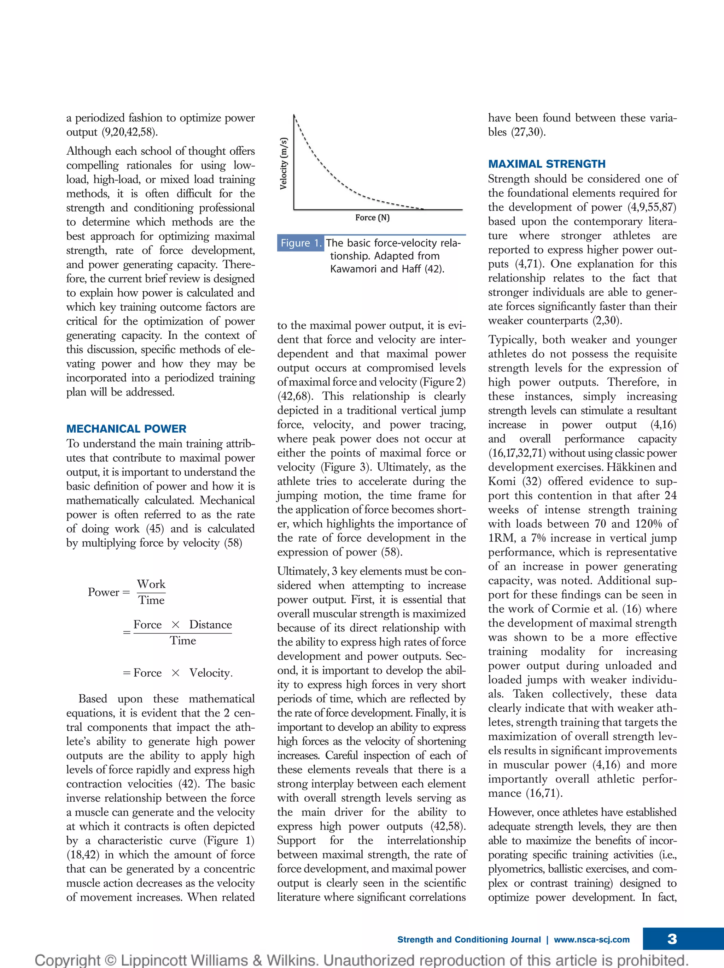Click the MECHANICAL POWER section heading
point(126,428)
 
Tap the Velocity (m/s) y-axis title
point(284,164)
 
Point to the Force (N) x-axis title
point(372,218)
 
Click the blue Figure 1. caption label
point(300,243)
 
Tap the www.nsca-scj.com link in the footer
point(591,939)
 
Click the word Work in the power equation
point(151,584)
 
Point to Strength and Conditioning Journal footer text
point(469,939)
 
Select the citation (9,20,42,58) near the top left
point(129,132)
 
